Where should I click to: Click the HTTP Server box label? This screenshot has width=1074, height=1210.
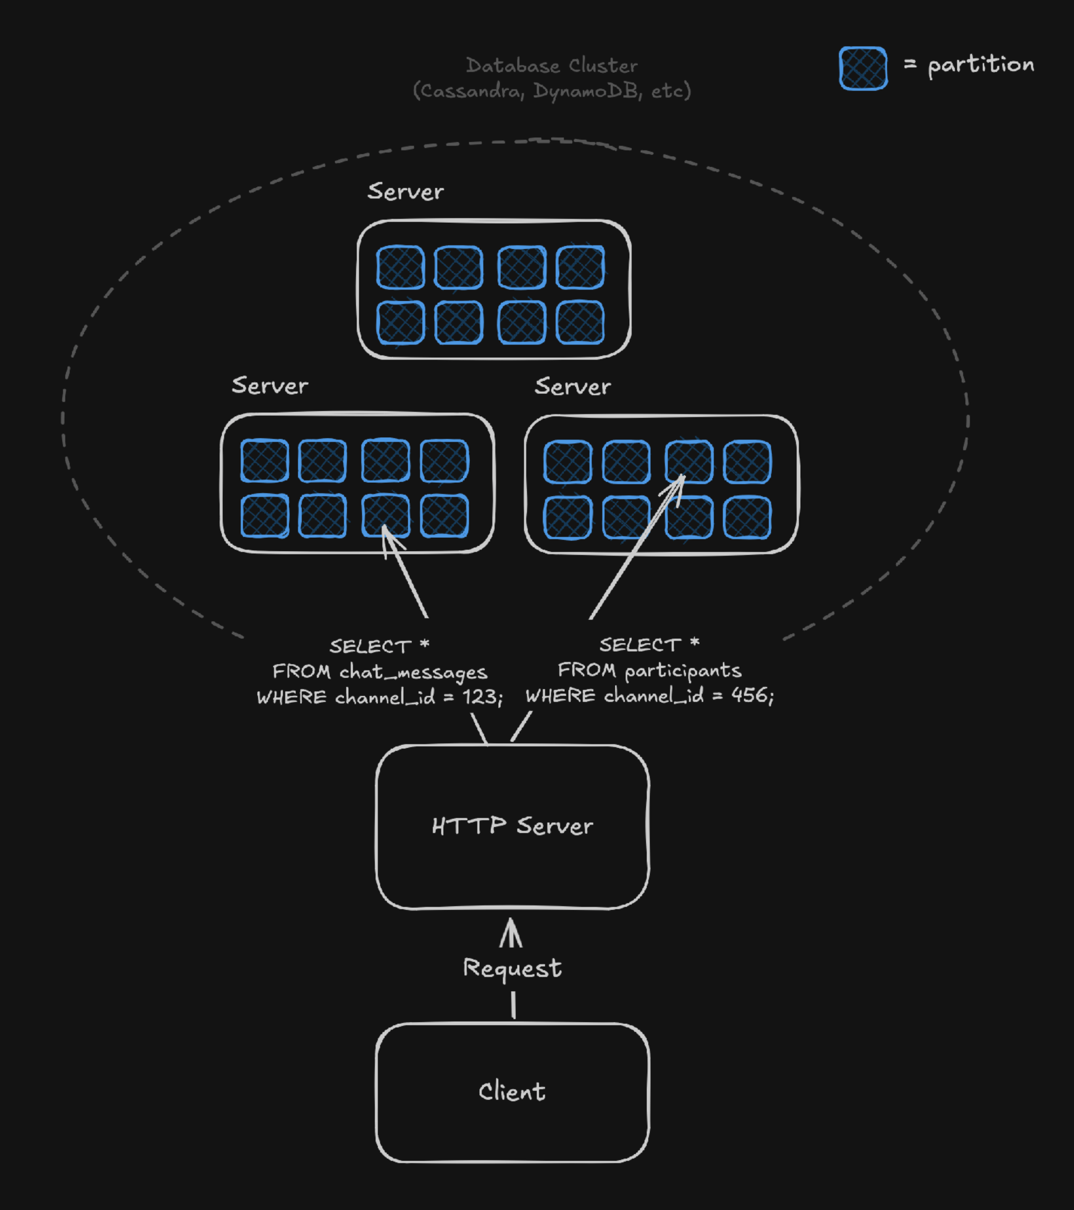click(x=512, y=826)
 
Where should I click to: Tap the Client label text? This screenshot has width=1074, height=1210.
click(x=512, y=1091)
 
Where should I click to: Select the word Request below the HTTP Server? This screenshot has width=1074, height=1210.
click(x=512, y=968)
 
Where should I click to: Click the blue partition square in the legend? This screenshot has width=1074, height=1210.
click(x=863, y=68)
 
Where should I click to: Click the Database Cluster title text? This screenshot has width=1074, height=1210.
click(x=551, y=65)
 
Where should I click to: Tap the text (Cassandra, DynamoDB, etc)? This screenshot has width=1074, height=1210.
click(x=551, y=91)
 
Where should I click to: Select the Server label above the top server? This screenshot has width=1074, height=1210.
click(x=405, y=192)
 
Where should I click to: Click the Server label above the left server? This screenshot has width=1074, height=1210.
click(x=270, y=386)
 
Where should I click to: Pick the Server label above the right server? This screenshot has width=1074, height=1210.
click(x=572, y=387)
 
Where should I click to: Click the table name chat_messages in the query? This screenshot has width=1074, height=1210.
click(x=413, y=672)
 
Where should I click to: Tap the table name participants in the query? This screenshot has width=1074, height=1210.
click(x=682, y=671)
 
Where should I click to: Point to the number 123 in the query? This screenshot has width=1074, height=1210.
click(x=479, y=697)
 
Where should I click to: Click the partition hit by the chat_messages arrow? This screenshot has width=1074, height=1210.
click(x=385, y=516)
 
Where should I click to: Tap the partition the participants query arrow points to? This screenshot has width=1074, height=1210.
click(x=689, y=462)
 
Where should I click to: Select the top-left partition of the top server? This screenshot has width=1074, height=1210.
click(x=400, y=268)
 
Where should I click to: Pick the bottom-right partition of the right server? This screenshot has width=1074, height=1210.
click(x=747, y=518)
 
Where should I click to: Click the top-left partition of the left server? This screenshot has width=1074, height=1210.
click(x=264, y=461)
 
